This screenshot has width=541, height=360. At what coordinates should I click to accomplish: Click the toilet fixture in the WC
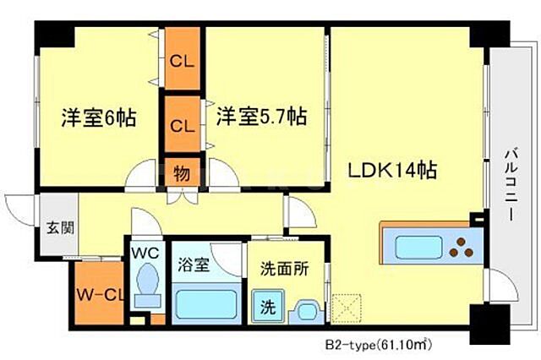(147, 285)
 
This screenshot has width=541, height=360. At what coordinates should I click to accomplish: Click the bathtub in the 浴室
(207, 303)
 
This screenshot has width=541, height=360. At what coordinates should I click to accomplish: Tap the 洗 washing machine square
(266, 304)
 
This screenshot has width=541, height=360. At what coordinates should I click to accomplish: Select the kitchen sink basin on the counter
(418, 248)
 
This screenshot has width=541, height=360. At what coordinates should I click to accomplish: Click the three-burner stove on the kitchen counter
(463, 248)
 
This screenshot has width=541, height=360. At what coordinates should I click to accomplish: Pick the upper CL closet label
(182, 61)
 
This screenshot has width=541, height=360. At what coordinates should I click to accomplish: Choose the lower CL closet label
(182, 127)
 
